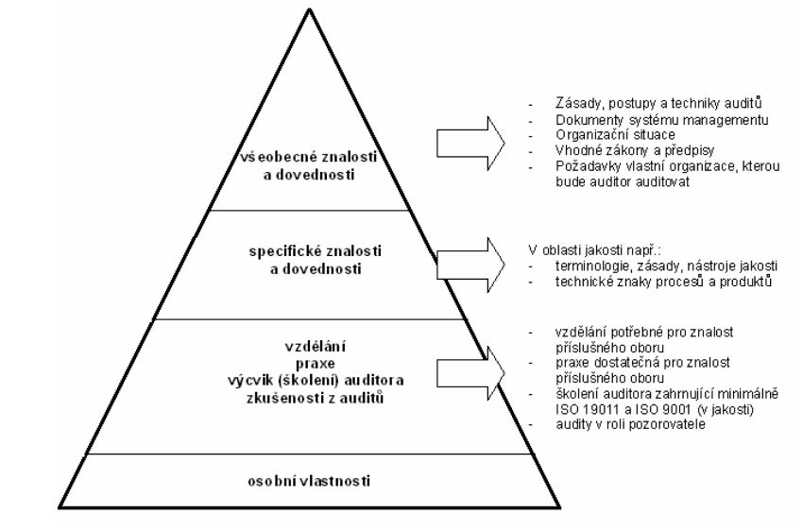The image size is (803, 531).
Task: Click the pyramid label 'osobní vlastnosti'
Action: pyautogui.click(x=309, y=481)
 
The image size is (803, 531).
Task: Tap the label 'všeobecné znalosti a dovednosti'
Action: pyautogui.click(x=309, y=165)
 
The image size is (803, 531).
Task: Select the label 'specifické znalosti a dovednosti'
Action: pyautogui.click(x=316, y=260)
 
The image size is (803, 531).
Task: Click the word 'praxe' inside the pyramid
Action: pyautogui.click(x=316, y=364)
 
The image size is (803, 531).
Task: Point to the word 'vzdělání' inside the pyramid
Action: pyautogui.click(x=316, y=347)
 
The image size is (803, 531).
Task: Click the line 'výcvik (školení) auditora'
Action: pyautogui.click(x=316, y=381)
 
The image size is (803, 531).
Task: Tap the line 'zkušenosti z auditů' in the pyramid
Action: pyautogui.click(x=316, y=398)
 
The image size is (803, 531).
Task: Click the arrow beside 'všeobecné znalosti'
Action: pyautogui.click(x=470, y=144)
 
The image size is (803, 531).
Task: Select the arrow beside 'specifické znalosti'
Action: pyautogui.click(x=470, y=265)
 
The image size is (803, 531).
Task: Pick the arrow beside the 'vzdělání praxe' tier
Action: pyautogui.click(x=470, y=373)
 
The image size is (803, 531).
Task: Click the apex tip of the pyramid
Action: pyautogui.click(x=309, y=9)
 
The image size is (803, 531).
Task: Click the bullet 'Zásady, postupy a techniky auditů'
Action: pyautogui.click(x=658, y=103)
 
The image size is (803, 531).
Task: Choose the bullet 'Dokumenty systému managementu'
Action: pyautogui.click(x=661, y=120)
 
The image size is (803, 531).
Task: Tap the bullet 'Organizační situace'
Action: pyautogui.click(x=615, y=135)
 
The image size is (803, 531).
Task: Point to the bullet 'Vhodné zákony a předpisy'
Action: pyautogui.click(x=635, y=150)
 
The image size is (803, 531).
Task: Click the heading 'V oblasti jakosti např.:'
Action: pyautogui.click(x=594, y=250)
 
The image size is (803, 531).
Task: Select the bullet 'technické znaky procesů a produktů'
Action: pyautogui.click(x=663, y=282)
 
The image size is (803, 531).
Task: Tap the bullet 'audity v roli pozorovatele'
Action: pyautogui.click(x=630, y=424)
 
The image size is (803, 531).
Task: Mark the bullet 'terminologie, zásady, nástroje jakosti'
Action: pyautogui.click(x=666, y=266)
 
